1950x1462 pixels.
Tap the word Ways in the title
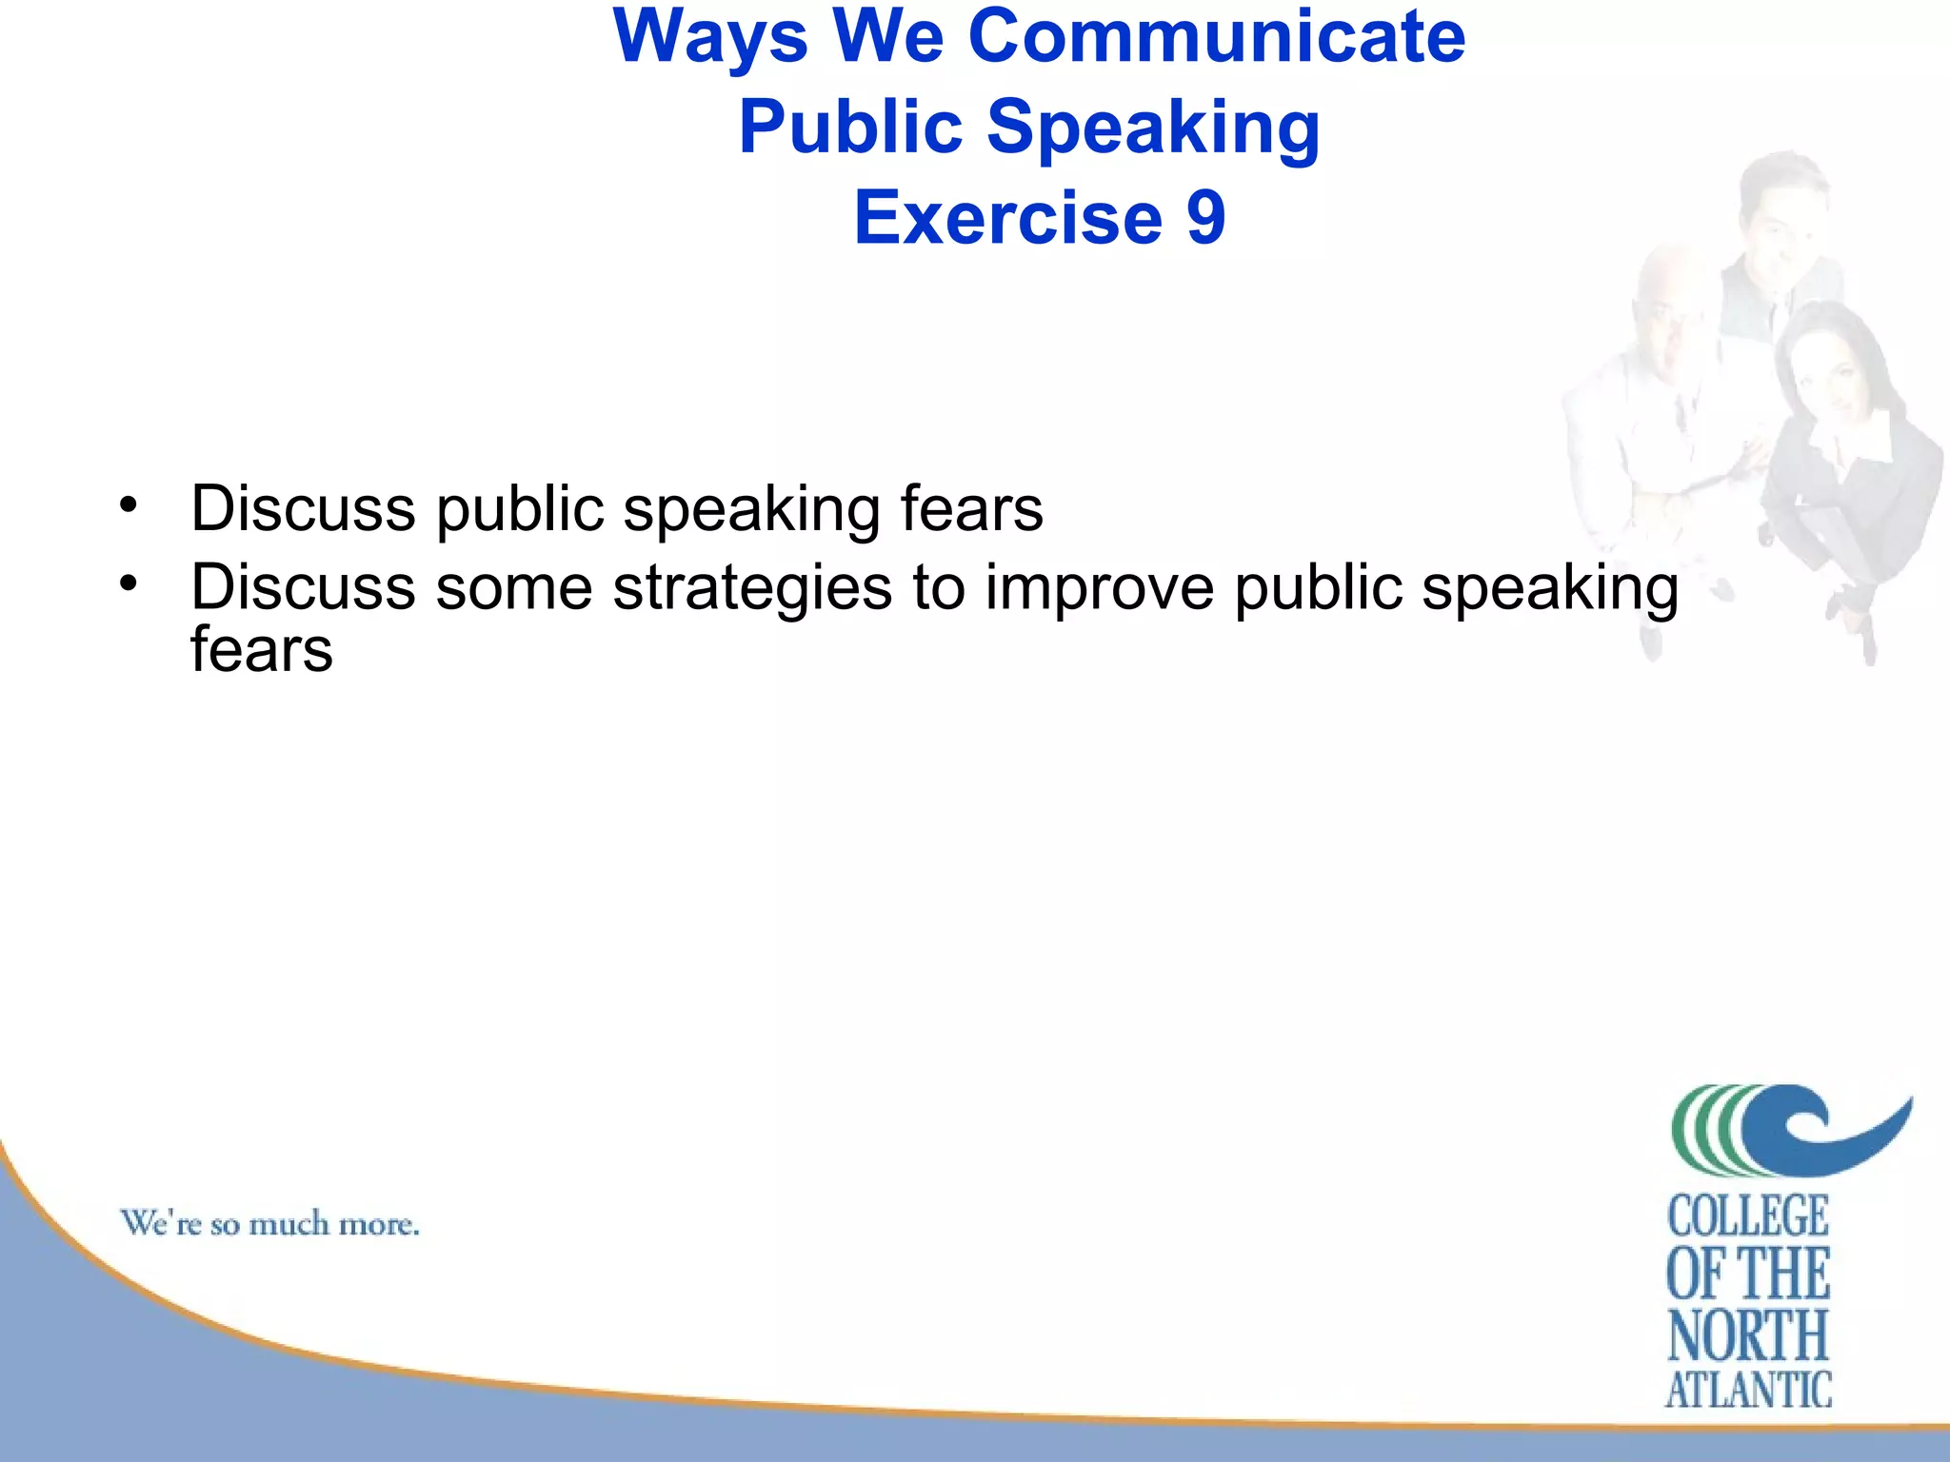(710, 37)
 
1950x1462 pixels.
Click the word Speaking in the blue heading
(1153, 128)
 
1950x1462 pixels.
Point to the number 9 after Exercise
(1205, 218)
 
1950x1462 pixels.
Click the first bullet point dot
(129, 504)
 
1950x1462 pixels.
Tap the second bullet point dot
(129, 582)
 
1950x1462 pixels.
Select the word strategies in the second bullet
(752, 588)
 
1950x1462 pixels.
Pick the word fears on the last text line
(262, 650)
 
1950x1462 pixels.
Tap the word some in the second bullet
(514, 588)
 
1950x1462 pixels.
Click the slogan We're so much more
(269, 1223)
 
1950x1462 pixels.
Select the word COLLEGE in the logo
(1748, 1217)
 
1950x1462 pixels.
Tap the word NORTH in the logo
(1748, 1335)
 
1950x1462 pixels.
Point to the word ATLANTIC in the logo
(1748, 1390)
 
